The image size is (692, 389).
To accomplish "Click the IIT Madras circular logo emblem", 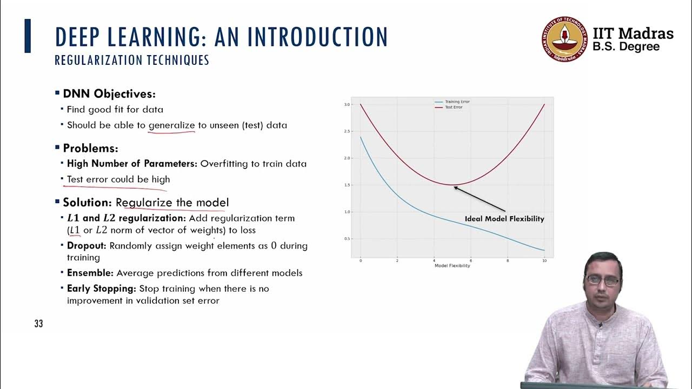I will point(563,39).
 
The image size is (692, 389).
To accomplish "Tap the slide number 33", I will point(38,324).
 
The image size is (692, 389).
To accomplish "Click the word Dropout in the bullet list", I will point(86,246).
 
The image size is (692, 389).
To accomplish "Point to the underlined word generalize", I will point(171,125).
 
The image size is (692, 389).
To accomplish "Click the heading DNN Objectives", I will point(109,93).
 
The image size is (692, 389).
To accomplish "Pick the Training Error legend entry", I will point(457,102).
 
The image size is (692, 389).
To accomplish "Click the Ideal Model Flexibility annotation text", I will point(504,219).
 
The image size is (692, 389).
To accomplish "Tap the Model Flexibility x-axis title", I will point(452,266).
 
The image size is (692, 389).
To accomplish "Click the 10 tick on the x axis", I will point(544,260).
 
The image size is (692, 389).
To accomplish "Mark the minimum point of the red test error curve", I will point(453,185).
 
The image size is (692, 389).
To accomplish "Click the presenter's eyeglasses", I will point(603,280).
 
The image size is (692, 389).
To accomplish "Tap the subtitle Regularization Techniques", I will point(132,60).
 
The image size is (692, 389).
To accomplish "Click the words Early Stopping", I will point(101,289).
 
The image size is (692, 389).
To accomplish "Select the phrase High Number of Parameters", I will point(132,163).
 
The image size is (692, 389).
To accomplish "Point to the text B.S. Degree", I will point(626,47).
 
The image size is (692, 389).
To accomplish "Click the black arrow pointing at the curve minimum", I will point(480,198).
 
